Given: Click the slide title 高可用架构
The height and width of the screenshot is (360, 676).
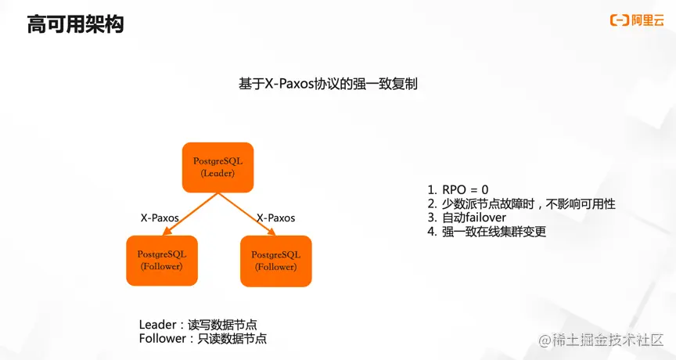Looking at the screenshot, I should (75, 24).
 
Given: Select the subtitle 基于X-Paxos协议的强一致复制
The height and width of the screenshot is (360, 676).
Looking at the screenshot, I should (328, 84).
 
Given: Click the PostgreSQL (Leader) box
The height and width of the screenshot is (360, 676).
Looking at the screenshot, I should (218, 167).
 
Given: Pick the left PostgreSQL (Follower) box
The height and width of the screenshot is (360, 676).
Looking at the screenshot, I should (161, 261).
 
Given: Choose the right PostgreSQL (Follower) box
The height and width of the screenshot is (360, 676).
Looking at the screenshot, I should (275, 261).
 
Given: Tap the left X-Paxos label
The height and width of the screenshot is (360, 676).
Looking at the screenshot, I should (160, 218).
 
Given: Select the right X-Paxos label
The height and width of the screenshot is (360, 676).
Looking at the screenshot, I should (276, 218).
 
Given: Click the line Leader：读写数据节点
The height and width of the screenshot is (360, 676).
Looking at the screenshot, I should (199, 325).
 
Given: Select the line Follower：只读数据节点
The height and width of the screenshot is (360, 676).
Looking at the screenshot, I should (203, 339).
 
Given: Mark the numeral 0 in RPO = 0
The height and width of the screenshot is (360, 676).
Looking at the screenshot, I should (485, 189).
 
